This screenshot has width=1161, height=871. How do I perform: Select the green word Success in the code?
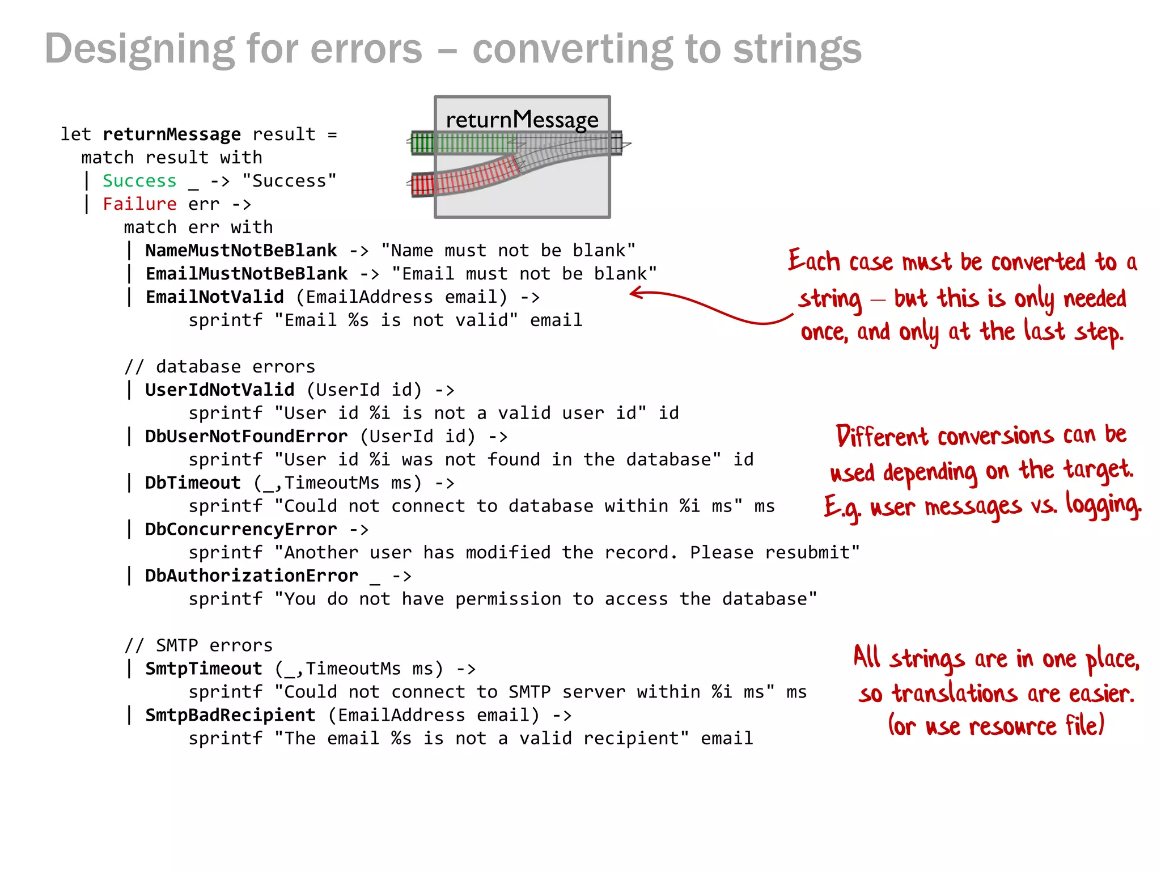[139, 181]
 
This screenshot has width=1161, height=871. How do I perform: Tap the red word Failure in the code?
[139, 204]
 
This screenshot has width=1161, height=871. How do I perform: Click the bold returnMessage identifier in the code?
[171, 134]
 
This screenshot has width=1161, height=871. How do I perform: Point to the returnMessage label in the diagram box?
[522, 120]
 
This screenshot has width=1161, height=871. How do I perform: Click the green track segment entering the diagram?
[422, 142]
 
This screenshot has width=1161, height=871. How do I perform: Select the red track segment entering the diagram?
[422, 185]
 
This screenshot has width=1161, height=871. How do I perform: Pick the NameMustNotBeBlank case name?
[241, 251]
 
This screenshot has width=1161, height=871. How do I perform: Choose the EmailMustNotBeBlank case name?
[247, 274]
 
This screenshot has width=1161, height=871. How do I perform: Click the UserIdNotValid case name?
[219, 390]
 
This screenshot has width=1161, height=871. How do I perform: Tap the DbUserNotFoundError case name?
[246, 437]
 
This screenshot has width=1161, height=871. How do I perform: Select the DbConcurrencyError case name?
[241, 530]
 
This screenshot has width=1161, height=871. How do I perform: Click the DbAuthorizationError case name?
[252, 576]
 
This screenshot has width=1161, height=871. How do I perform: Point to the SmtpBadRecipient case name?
[230, 716]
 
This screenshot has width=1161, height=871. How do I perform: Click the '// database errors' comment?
[219, 367]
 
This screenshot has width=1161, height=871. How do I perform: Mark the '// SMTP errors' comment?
[198, 646]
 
